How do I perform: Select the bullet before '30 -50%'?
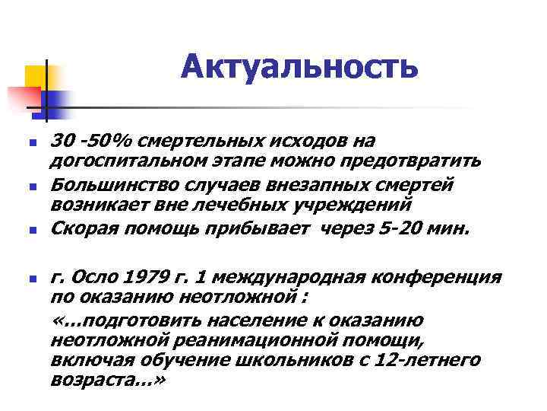click(x=30, y=143)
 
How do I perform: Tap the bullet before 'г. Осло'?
click(x=30, y=279)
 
